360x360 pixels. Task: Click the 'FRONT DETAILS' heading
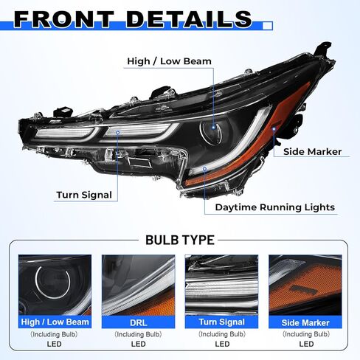(133, 19)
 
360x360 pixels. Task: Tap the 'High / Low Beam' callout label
(169, 61)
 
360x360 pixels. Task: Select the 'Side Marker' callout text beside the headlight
(312, 152)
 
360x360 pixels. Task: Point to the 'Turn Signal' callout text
(84, 195)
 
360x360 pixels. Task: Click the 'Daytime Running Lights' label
(275, 207)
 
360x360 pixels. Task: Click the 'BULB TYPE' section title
(180, 240)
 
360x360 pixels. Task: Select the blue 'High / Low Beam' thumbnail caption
(55, 322)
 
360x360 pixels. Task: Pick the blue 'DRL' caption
(138, 322)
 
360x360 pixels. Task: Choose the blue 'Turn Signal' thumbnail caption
(221, 322)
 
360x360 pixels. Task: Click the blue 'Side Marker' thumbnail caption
(305, 322)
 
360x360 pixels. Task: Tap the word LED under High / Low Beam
(54, 344)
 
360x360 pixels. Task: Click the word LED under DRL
(138, 344)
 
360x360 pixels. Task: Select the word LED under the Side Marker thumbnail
(306, 344)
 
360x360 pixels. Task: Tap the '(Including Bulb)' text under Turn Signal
(222, 334)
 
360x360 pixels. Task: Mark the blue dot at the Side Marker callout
(274, 128)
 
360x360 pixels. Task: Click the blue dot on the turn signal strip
(118, 133)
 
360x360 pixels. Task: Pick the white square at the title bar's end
(268, 26)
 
